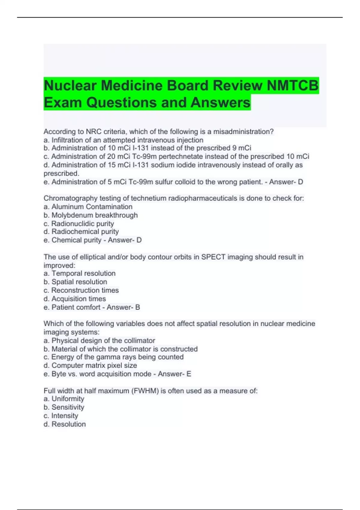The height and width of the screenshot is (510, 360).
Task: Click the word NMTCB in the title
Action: tap(292, 85)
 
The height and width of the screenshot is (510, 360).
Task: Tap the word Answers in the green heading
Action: tap(220, 102)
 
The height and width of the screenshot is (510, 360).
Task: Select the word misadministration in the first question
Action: tap(243, 131)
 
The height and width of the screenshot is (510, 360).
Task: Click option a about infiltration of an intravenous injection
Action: tap(123, 140)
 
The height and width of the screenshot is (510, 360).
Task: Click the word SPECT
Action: tap(213, 257)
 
